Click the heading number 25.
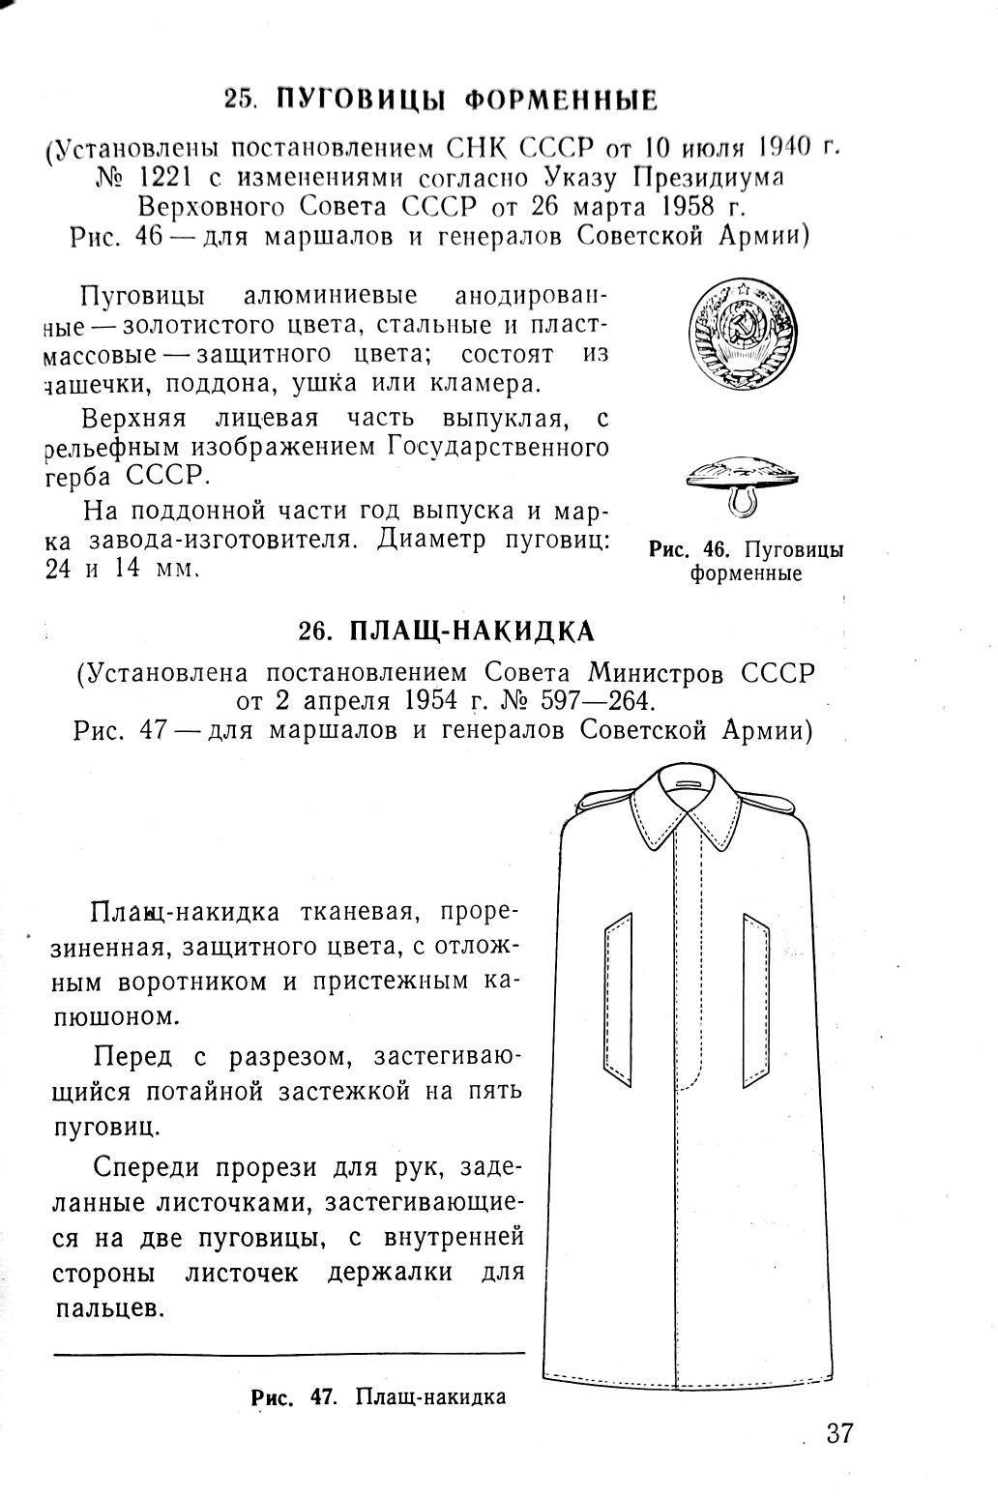click(239, 100)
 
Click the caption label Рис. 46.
click(688, 550)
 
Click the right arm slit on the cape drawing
click(756, 999)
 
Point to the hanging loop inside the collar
click(690, 780)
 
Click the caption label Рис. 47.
click(292, 1396)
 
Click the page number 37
click(839, 1432)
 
